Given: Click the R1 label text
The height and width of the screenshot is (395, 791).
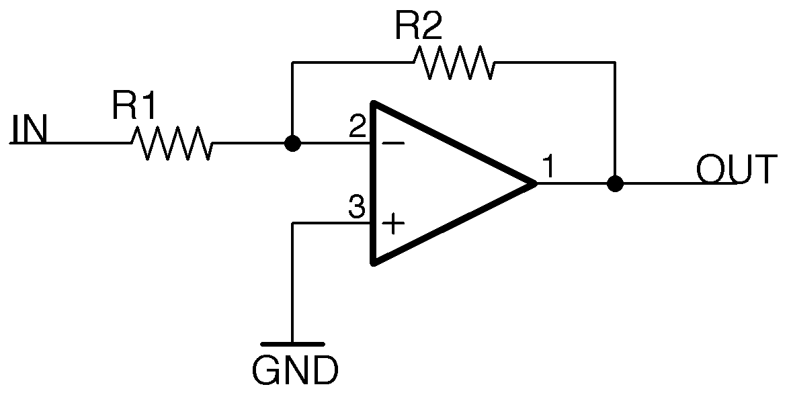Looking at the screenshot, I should [x=134, y=106].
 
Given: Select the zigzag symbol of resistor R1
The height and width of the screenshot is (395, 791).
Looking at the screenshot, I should [x=171, y=143].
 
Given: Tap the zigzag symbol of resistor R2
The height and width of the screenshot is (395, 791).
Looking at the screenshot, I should [x=454, y=62].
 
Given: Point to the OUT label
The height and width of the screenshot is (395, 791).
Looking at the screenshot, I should [x=737, y=169].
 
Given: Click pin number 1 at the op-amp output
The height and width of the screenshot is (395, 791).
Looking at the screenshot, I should [x=548, y=167].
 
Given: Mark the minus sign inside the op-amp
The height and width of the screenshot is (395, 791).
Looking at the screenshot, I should [x=393, y=143].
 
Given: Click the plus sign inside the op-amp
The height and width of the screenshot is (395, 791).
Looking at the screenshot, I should [x=393, y=224].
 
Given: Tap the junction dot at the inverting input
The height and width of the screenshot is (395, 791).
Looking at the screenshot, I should [x=292, y=143].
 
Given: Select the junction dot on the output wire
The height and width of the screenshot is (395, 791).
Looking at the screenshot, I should [x=614, y=183].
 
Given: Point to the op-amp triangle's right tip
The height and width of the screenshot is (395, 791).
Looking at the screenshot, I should [x=535, y=183].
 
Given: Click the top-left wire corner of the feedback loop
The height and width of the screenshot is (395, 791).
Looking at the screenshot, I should [x=292, y=62].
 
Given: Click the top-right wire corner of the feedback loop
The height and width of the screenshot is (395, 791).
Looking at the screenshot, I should [x=614, y=62].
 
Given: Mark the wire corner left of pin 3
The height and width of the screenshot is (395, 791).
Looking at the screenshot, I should [x=292, y=223].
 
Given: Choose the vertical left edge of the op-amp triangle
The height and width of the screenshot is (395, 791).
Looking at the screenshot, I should [x=374, y=183].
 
